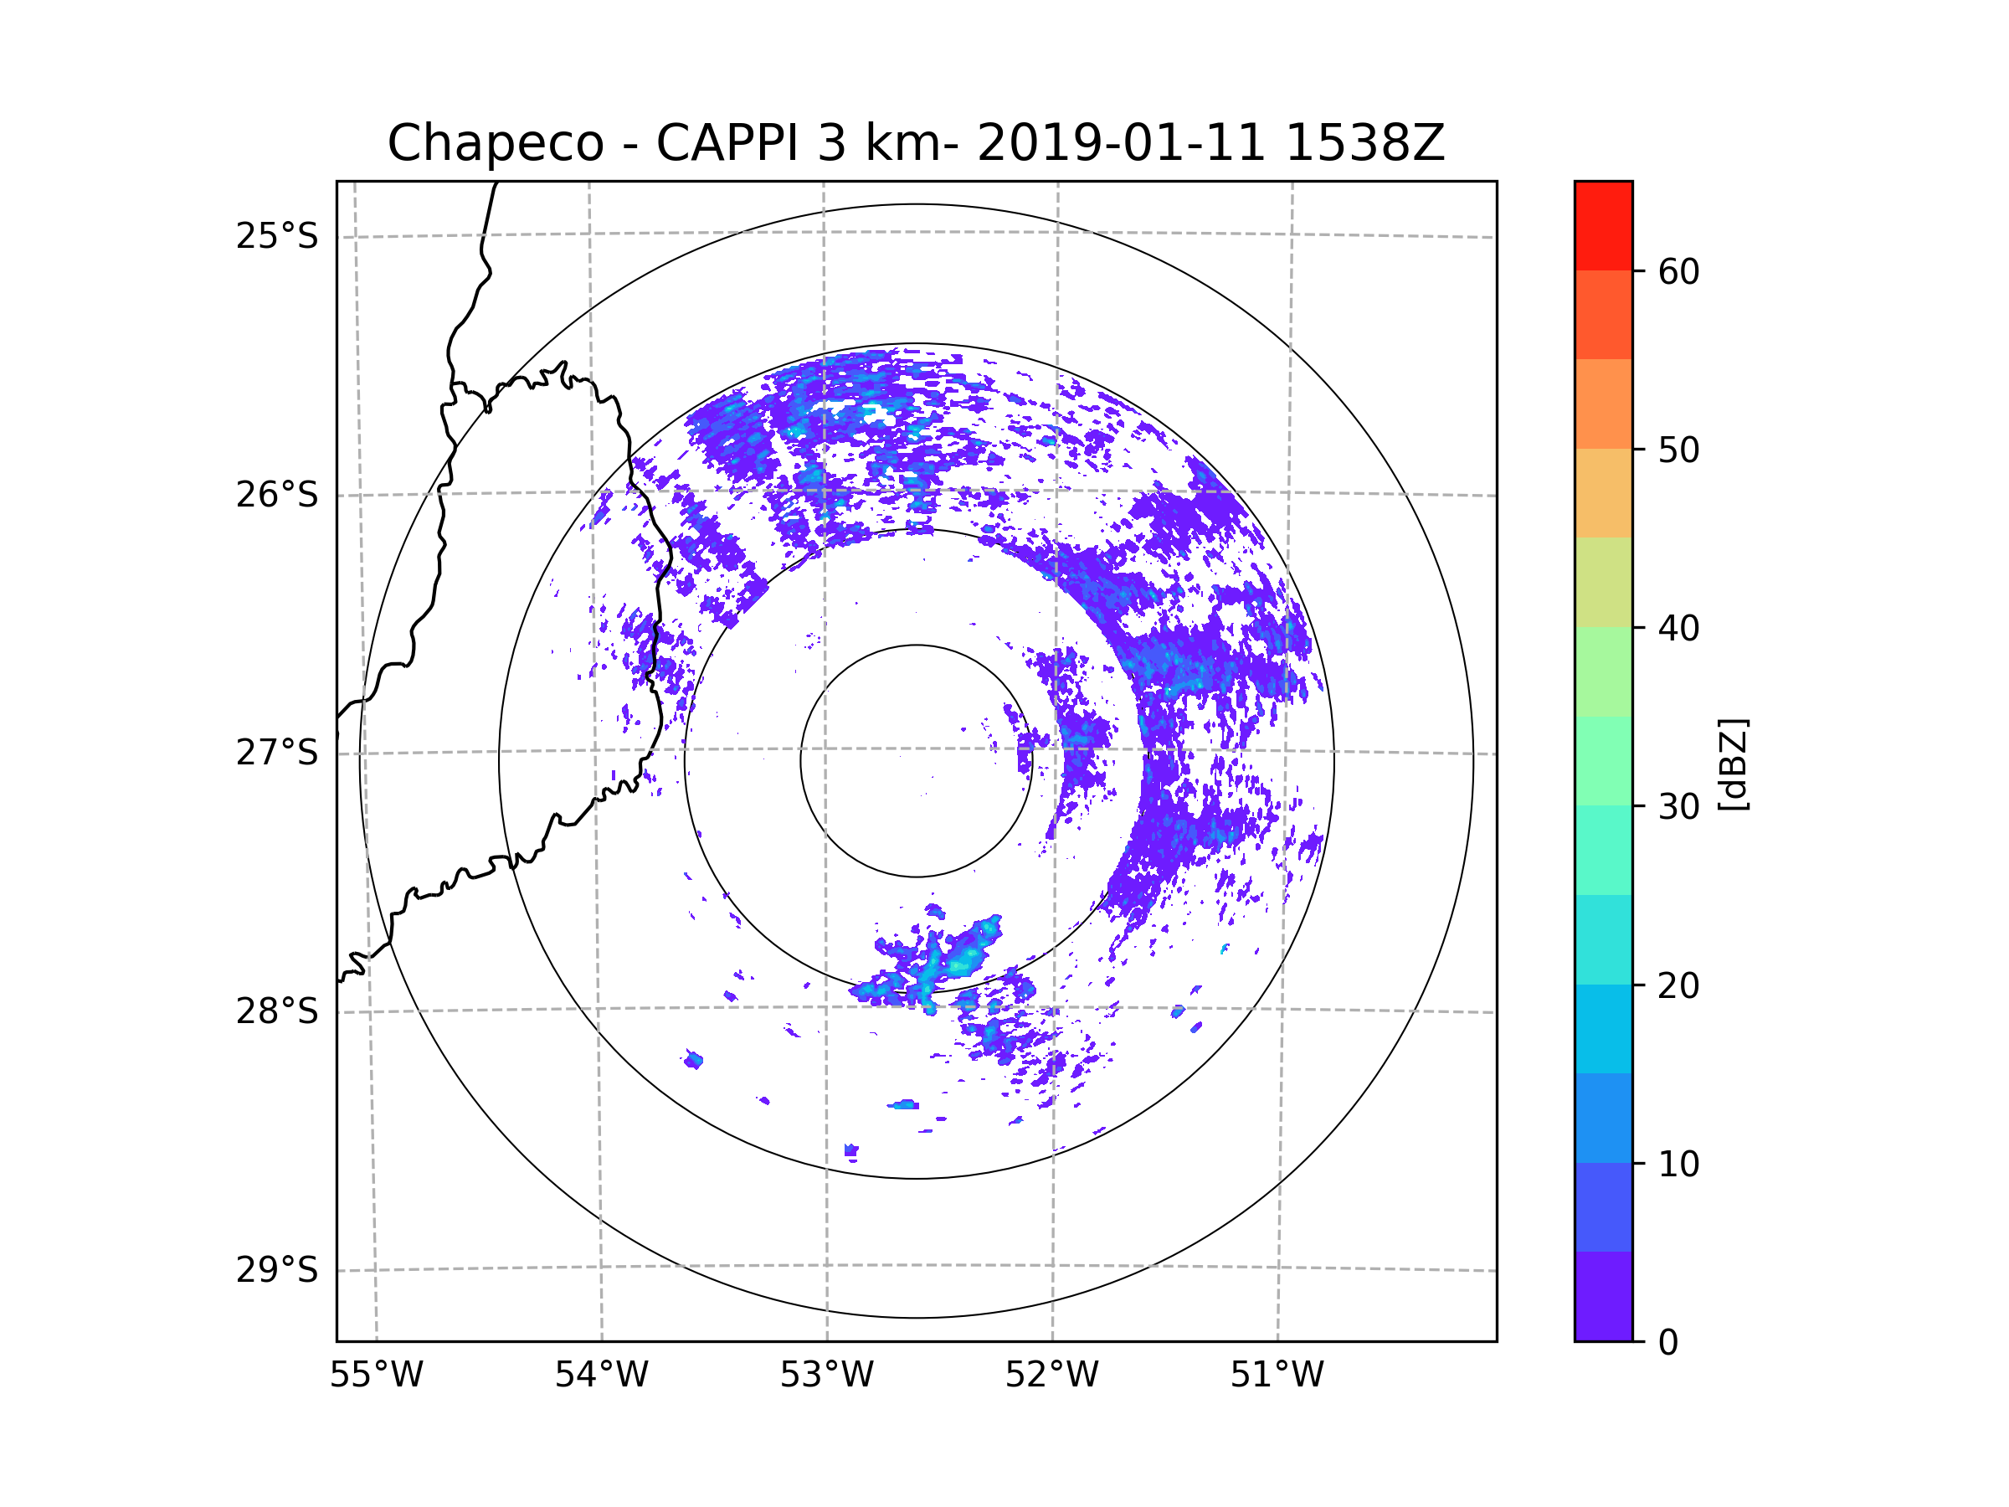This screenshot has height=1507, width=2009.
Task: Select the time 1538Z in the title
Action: click(1364, 142)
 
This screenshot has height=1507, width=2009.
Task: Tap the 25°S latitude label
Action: click(277, 236)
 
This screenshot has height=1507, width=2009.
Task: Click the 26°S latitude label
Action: click(277, 495)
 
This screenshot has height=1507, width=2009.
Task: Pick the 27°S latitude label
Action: click(277, 753)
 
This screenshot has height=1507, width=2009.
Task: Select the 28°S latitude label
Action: click(277, 1011)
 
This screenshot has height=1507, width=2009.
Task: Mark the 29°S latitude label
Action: click(277, 1270)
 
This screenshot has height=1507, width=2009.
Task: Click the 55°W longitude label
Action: click(376, 1375)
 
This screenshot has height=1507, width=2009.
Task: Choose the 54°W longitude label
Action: click(601, 1375)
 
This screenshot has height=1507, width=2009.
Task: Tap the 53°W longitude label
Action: click(826, 1375)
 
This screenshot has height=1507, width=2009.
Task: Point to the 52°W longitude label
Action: click(1051, 1375)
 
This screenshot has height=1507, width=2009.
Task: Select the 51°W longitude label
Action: click(1277, 1375)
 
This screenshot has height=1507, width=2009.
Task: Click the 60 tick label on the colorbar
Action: click(1678, 271)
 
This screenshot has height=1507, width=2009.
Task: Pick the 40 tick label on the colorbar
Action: click(1678, 629)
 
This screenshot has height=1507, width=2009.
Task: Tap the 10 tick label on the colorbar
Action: click(1678, 1165)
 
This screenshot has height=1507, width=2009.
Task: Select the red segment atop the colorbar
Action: click(1603, 226)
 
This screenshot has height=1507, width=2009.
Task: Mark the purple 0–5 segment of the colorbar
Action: click(1603, 1296)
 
